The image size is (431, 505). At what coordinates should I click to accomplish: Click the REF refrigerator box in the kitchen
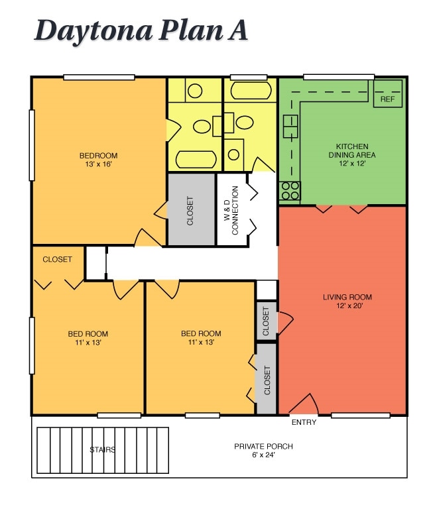(x=388, y=99)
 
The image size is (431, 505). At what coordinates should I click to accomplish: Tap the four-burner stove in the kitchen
(x=290, y=191)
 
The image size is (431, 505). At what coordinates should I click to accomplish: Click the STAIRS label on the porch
(x=103, y=450)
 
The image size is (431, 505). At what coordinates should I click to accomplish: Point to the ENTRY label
(x=304, y=422)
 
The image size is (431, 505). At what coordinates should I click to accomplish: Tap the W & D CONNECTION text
(x=231, y=209)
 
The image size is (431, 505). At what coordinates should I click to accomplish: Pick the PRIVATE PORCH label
(x=263, y=446)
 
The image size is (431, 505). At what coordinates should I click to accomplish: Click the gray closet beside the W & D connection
(x=191, y=210)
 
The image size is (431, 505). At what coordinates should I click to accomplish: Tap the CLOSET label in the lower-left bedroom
(x=57, y=259)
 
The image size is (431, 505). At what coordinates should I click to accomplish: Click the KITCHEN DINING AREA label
(x=351, y=150)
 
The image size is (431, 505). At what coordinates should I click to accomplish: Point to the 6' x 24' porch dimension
(x=263, y=455)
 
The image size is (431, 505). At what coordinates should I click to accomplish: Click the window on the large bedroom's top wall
(x=99, y=78)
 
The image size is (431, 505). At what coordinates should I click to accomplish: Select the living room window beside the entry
(x=360, y=416)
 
